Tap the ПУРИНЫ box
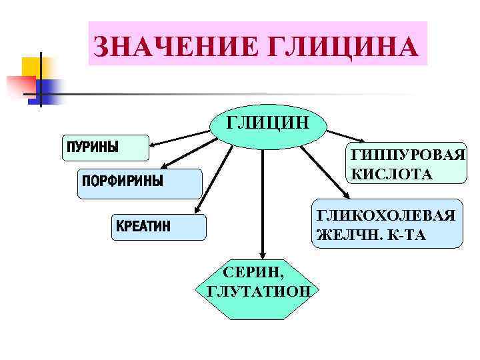(105, 148)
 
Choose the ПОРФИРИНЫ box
(139, 183)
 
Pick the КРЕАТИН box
(157, 227)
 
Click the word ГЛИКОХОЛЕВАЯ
(386, 215)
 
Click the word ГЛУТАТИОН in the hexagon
(259, 291)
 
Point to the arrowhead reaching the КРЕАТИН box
(198, 211)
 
